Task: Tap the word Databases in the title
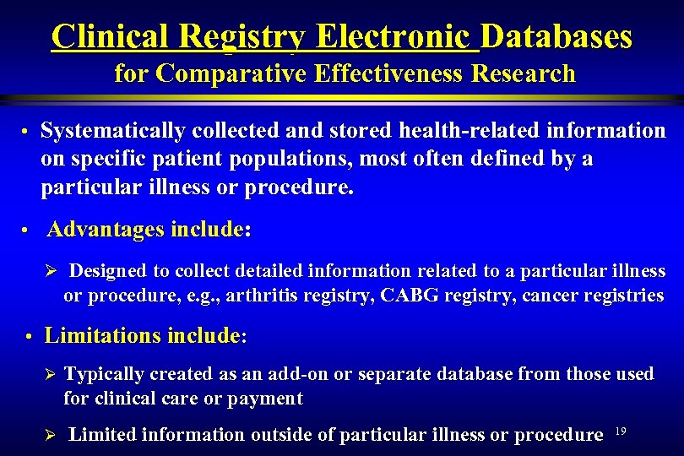(557, 36)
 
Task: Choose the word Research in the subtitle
(524, 74)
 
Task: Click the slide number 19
(620, 432)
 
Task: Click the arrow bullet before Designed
(49, 272)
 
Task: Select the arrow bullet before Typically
(49, 374)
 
